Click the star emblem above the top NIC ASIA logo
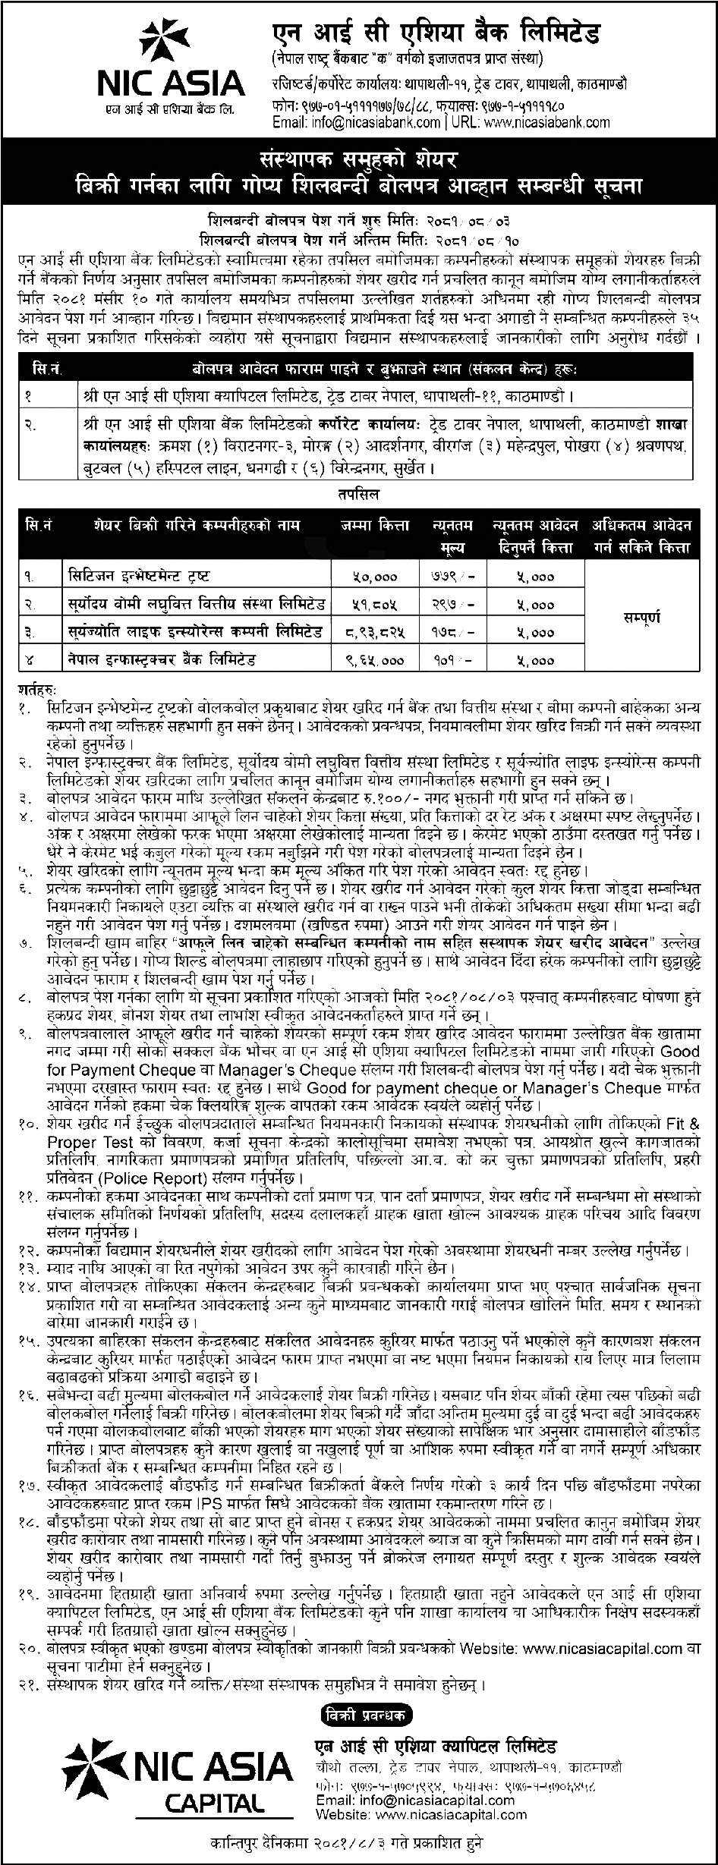point(163,43)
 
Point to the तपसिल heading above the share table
point(359,494)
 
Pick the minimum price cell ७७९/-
point(455,576)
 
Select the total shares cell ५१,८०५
point(375,604)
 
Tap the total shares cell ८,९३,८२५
point(375,631)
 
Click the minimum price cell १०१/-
point(455,659)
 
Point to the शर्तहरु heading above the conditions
point(39,690)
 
